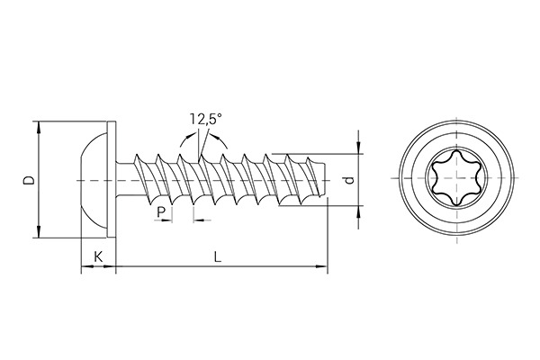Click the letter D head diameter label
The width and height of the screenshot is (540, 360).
coord(28,180)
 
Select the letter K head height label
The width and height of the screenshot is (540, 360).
coord(98,256)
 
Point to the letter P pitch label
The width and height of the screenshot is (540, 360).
coord(161,211)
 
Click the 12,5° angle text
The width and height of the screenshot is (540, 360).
coord(206,118)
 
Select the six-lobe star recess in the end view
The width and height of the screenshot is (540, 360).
coord(457,180)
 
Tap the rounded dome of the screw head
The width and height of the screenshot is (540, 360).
coord(89,180)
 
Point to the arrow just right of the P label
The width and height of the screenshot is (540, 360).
coord(200,219)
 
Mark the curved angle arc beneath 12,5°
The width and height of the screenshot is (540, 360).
coord(200,137)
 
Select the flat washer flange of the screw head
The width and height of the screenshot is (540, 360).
coord(112,180)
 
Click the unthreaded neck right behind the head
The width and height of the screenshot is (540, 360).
coord(125,180)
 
